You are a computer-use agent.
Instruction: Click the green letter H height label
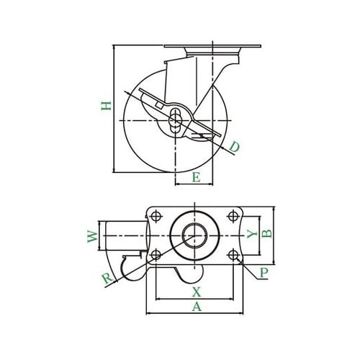click(x=106, y=106)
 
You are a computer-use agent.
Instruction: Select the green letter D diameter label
click(x=234, y=147)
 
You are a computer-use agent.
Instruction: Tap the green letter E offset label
click(x=196, y=178)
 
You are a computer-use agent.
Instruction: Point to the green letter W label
click(x=93, y=236)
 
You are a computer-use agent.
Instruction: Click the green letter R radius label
click(x=107, y=279)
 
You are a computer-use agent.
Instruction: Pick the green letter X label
click(x=197, y=292)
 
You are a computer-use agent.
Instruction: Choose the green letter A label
click(x=197, y=307)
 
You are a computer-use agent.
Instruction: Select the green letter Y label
click(x=252, y=234)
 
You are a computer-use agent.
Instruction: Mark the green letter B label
click(x=267, y=233)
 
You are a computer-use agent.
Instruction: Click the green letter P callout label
click(x=264, y=273)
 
